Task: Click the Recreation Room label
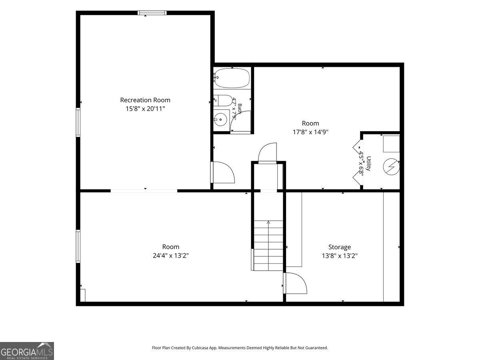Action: tap(145, 100)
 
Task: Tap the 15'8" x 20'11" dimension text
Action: tap(145, 109)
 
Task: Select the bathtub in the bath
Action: tap(232, 78)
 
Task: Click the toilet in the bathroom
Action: tap(223, 100)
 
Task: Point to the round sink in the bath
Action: tap(220, 120)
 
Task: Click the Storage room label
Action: tap(340, 247)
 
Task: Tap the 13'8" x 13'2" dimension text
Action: tap(340, 256)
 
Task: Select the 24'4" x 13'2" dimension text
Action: tap(170, 256)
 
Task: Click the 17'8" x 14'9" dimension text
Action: tap(310, 132)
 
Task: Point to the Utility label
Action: tap(369, 164)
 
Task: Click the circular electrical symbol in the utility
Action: tap(392, 167)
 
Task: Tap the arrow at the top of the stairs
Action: tap(268, 222)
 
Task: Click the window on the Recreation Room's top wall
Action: tap(152, 13)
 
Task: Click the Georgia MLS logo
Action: tap(27, 351)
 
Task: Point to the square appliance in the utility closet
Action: tap(392, 144)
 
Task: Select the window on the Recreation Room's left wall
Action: tap(78, 122)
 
